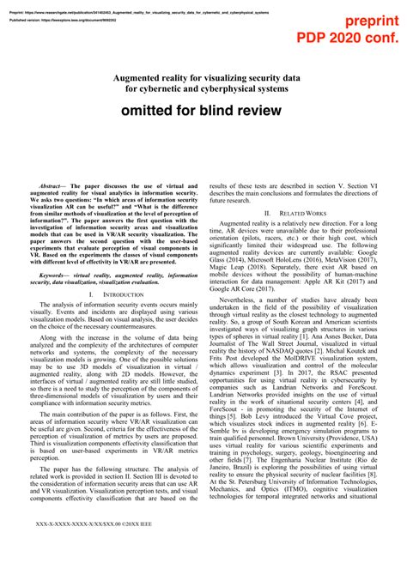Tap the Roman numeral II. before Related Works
tap(269, 212)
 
